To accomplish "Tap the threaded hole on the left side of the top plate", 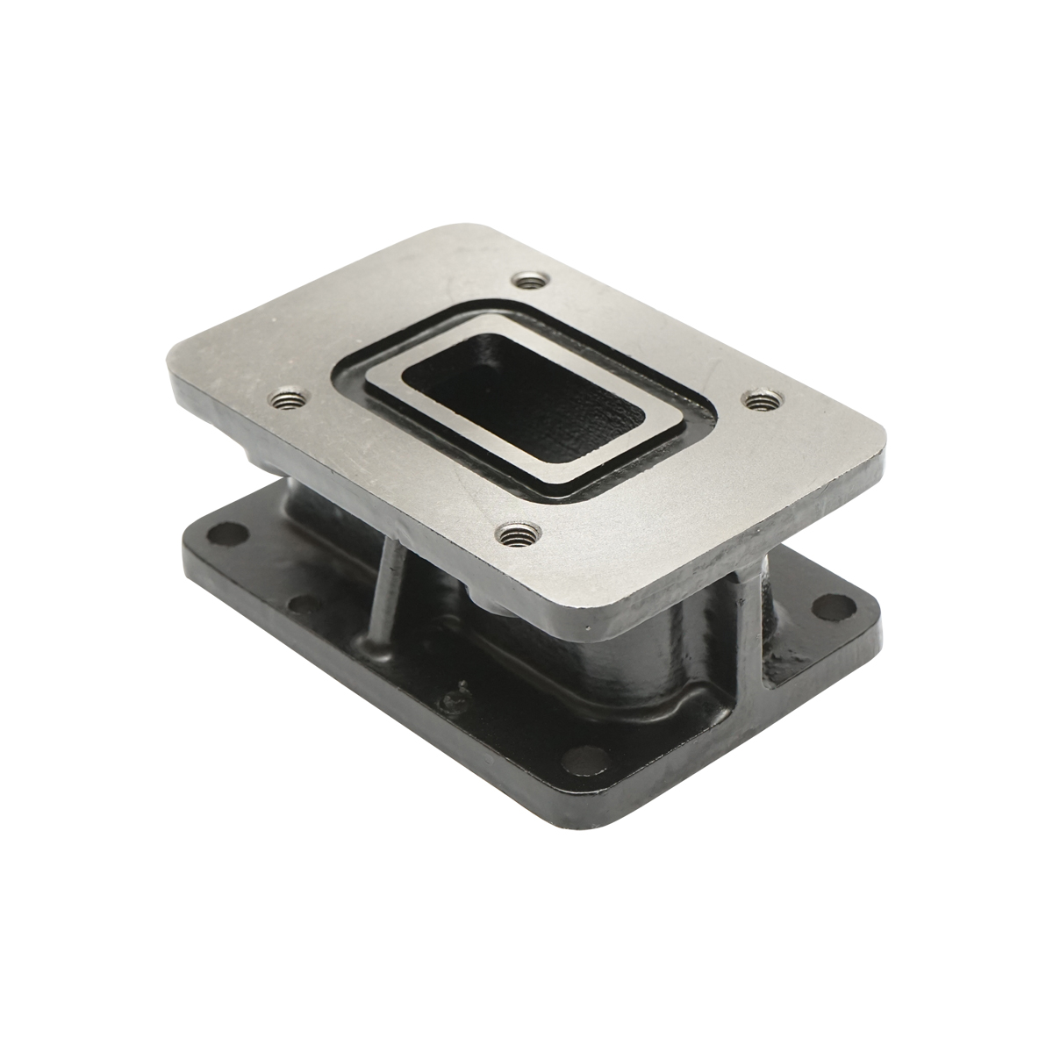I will coord(285,402).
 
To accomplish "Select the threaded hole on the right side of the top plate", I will coord(760,400).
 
